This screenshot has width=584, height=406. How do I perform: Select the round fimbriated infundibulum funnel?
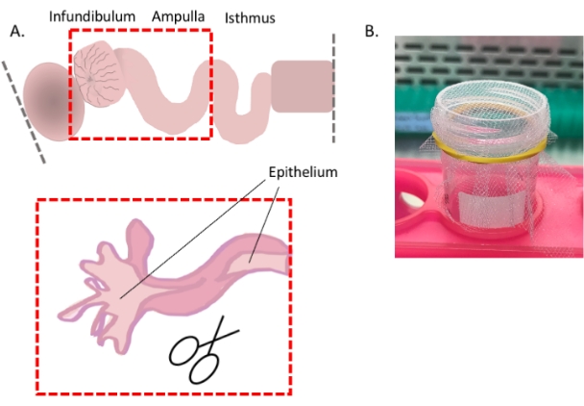(100, 74)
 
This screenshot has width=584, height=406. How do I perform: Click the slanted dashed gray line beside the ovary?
(23, 107)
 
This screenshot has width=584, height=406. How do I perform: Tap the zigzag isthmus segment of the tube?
(240, 96)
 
